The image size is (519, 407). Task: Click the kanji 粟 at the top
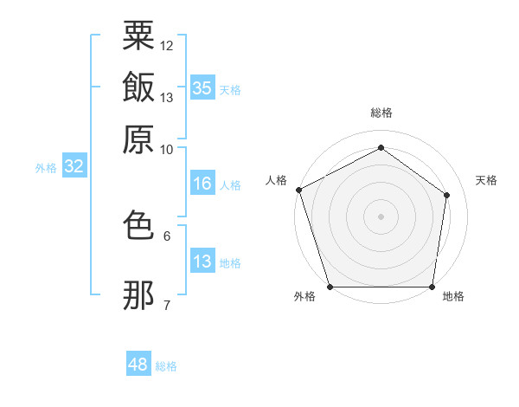point(138,36)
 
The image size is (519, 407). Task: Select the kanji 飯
point(138,87)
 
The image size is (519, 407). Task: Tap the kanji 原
point(138,139)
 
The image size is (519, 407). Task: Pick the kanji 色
point(138,224)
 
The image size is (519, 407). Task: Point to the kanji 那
point(138,295)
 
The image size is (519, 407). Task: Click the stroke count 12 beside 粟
point(166,46)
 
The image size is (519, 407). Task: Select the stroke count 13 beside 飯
point(166,98)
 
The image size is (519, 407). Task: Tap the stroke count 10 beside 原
point(166,150)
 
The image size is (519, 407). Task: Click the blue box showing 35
point(202,87)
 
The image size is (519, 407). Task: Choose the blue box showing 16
point(202,183)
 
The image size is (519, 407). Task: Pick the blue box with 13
point(202,260)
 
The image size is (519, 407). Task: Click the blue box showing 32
point(74,165)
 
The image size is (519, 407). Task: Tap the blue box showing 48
point(138,363)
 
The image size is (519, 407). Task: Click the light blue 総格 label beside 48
point(166,366)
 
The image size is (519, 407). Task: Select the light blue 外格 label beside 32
point(46,168)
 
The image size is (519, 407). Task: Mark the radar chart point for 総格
point(381,147)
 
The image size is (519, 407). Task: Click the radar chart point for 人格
point(299,190)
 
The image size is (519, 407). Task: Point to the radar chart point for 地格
point(432,287)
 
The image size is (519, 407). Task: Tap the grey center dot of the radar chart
point(381,216)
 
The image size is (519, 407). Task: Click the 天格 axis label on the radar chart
point(486,180)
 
